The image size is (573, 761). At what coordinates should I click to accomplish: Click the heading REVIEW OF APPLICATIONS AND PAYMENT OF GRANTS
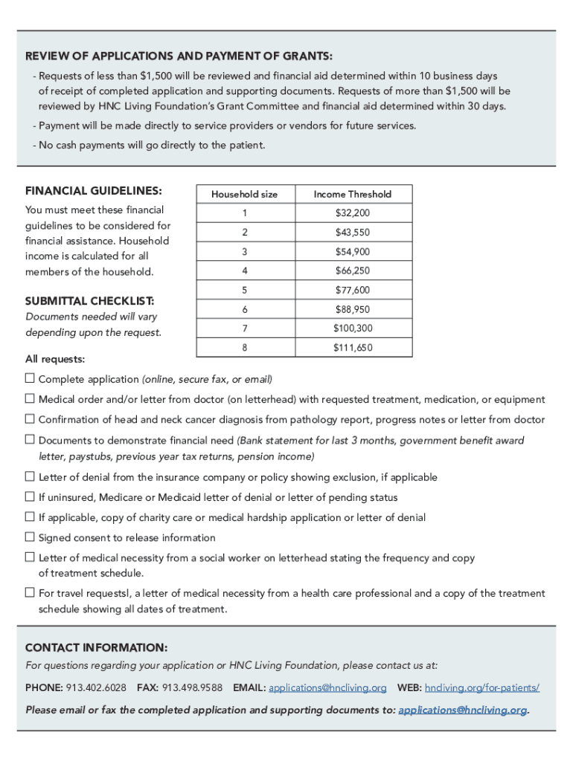coord(179,56)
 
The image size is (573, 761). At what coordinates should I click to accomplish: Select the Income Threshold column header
coord(352,194)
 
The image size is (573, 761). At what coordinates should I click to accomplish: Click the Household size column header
coord(244,194)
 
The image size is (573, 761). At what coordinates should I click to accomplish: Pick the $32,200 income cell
coord(352,213)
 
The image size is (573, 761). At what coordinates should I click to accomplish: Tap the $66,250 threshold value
coord(352,271)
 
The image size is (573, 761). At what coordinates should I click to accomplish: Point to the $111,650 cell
coord(352,348)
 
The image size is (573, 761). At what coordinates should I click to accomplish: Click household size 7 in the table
coord(244,328)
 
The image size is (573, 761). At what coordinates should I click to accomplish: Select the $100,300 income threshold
coord(352,328)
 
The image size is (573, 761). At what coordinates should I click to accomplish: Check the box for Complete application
coord(30,379)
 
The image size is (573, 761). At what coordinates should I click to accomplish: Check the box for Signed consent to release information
coord(30,537)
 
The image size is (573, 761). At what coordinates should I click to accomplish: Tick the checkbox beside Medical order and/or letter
coord(30,399)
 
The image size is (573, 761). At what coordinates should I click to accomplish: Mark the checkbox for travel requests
coord(30,593)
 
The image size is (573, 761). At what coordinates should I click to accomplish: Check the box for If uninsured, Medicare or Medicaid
coord(30,497)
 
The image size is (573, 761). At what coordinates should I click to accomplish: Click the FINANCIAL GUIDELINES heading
coord(94,190)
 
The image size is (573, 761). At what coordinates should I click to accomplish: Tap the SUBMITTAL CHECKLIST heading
coord(90,301)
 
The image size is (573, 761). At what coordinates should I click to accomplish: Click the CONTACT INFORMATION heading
coord(96,647)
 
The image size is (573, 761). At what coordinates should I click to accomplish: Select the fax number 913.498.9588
coord(192,687)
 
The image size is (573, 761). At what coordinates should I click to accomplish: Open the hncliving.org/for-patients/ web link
coord(481,687)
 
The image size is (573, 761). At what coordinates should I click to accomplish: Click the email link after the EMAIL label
coord(327,687)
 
